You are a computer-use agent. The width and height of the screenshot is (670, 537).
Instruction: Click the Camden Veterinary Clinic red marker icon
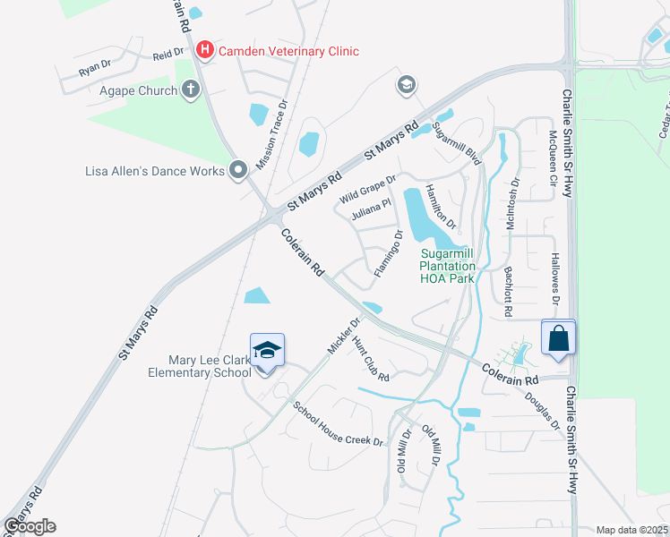point(204,50)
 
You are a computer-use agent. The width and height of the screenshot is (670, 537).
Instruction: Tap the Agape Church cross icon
point(189,89)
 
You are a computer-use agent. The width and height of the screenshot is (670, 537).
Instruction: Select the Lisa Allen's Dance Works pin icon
point(238,169)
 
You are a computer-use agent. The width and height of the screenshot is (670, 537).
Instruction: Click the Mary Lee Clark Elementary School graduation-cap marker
point(267,351)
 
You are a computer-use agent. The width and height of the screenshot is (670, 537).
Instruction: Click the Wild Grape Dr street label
point(367,189)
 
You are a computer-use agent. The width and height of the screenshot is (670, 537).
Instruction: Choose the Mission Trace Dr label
point(271,135)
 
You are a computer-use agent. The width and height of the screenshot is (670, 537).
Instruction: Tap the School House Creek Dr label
point(339,423)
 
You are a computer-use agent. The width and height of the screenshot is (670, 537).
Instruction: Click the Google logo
point(30,525)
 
